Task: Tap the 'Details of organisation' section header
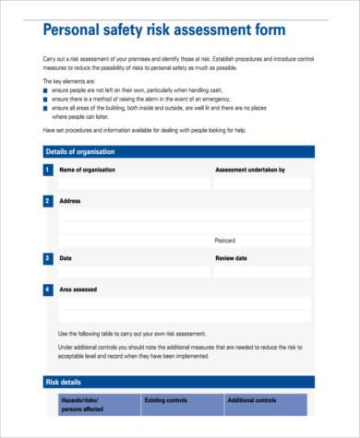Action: (81, 151)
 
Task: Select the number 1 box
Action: (48, 171)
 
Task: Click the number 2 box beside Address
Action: (48, 200)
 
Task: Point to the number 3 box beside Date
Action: (48, 258)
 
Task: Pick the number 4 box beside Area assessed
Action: (48, 290)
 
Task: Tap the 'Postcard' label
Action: (225, 241)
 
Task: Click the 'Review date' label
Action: (231, 258)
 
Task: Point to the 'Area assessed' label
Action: (78, 290)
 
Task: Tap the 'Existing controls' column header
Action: (166, 400)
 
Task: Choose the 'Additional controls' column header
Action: (252, 400)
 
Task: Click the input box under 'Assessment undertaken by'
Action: (263, 183)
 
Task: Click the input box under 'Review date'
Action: (263, 272)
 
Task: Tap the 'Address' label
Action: (70, 200)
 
